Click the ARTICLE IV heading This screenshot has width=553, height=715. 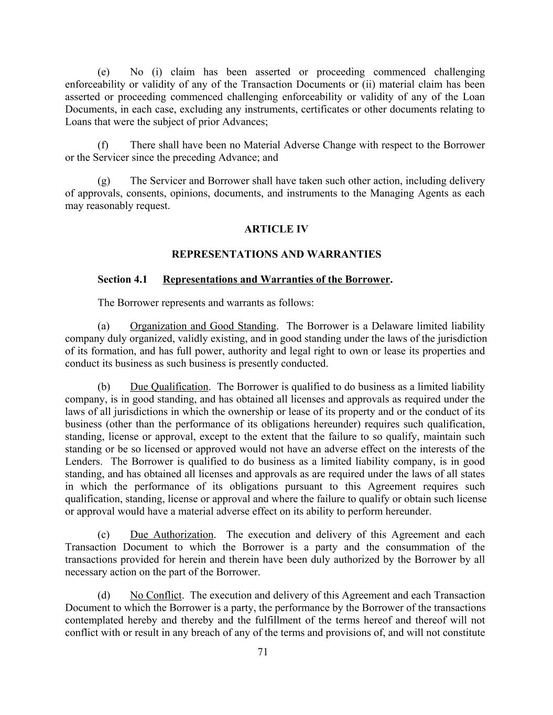tap(276, 229)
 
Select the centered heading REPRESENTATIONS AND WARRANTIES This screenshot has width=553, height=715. tap(276, 255)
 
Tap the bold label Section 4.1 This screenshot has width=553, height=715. tap(122, 280)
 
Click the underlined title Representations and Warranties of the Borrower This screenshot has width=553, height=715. tap(276, 280)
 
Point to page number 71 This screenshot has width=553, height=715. tap(263, 652)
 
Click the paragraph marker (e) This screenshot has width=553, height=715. tap(104, 72)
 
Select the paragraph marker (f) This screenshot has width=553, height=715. tap(103, 145)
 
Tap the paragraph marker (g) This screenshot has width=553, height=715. tap(104, 181)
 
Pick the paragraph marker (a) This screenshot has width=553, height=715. tap(104, 326)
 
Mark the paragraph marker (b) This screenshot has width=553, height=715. tap(104, 387)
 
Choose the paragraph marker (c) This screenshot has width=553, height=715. tap(104, 535)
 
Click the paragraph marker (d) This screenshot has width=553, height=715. tap(104, 596)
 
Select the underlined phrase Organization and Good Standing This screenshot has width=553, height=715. tap(203, 326)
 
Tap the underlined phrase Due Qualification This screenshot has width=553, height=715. tap(169, 387)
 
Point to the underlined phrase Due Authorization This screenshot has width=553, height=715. tap(172, 535)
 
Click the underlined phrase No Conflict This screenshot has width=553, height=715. tap(156, 596)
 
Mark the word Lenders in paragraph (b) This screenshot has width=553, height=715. tap(83, 462)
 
